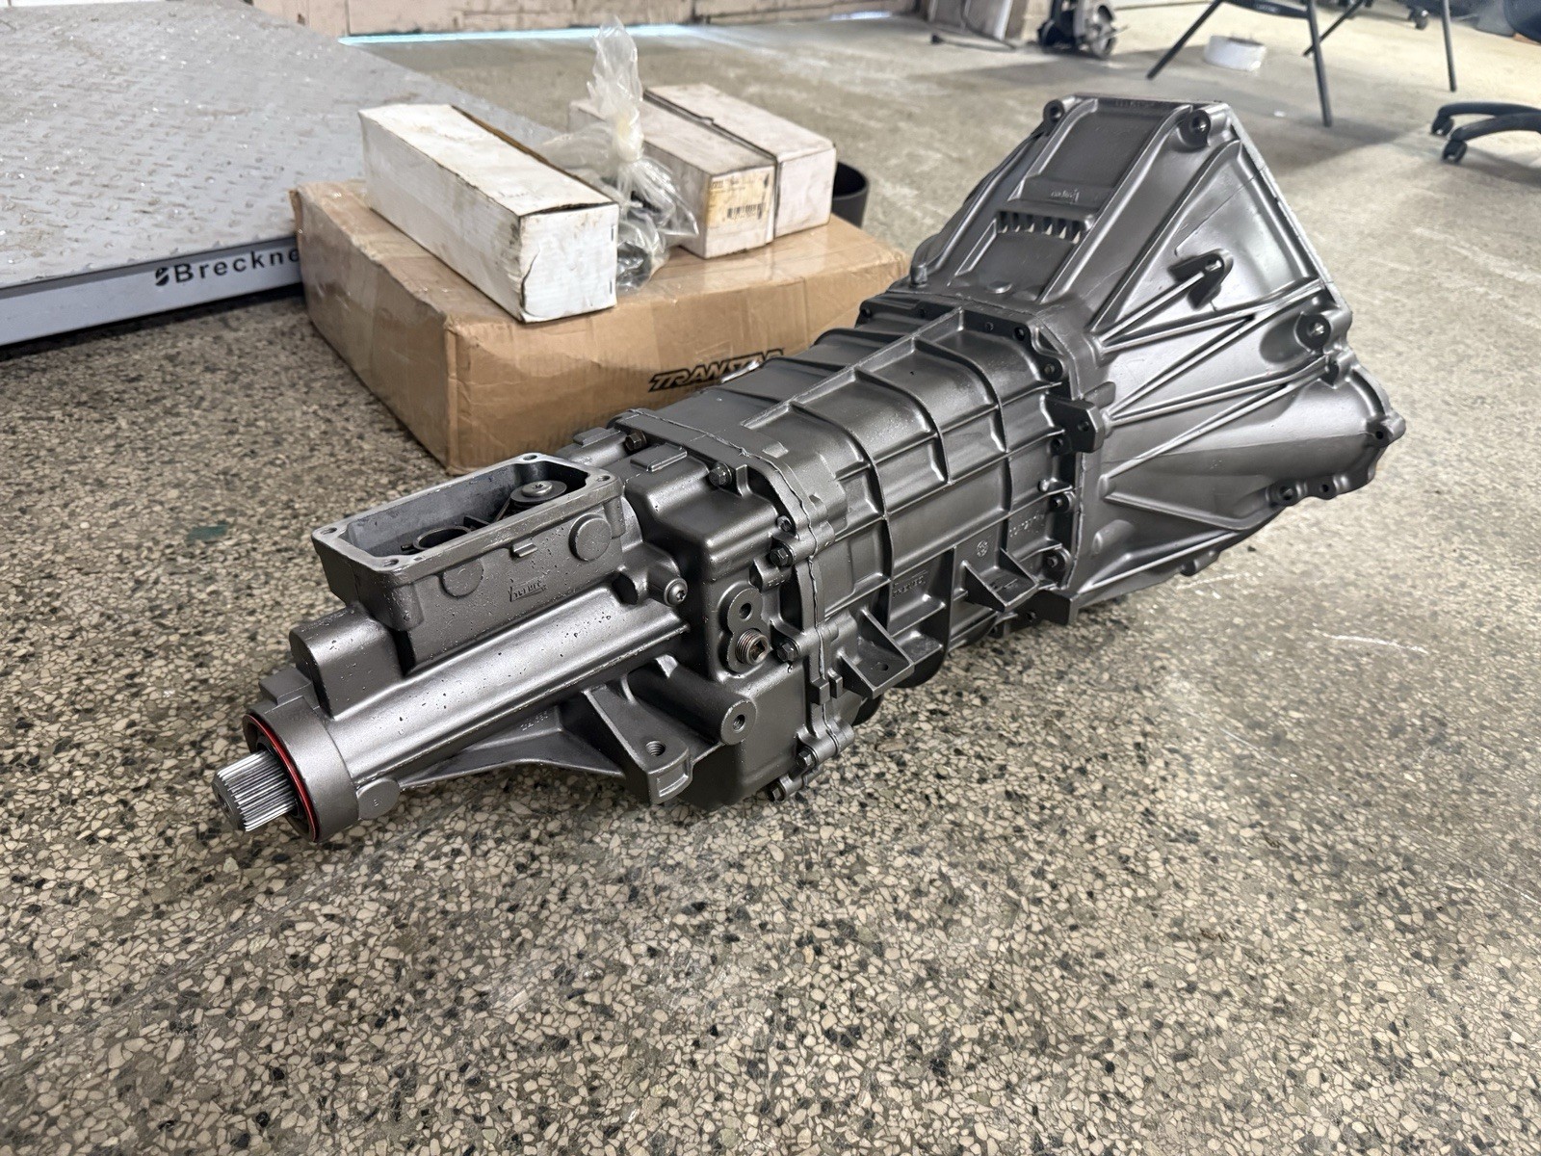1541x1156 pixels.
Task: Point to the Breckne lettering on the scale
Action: [222, 273]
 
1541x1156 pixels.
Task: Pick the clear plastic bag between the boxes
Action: [616, 135]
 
